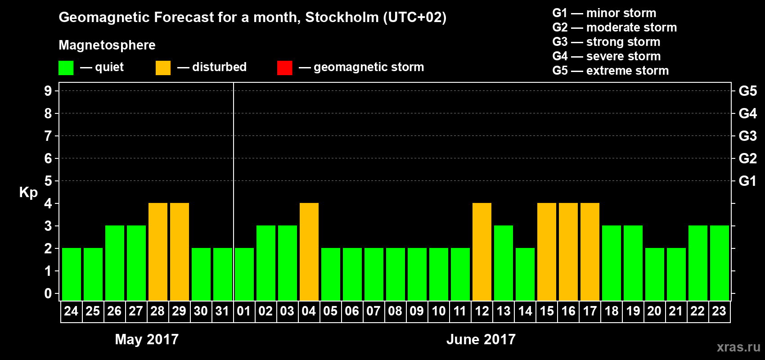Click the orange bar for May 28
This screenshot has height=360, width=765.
[x=158, y=252]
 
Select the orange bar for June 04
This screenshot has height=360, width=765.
[x=309, y=252]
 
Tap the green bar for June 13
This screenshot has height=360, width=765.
[x=504, y=263]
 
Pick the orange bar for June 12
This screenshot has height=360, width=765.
[x=482, y=252]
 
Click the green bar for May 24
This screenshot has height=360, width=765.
[x=72, y=274]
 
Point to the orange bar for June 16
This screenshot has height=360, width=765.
[x=568, y=252]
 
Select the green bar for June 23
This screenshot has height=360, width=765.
[x=720, y=263]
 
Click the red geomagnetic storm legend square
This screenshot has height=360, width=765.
[x=284, y=68]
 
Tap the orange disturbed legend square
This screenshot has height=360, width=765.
[x=163, y=68]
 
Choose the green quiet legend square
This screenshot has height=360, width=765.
[x=66, y=68]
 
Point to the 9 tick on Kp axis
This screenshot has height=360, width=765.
[x=48, y=91]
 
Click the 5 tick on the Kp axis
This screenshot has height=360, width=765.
[x=48, y=181]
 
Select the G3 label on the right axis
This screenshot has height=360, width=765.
[x=747, y=136]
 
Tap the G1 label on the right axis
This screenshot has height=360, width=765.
[x=747, y=181]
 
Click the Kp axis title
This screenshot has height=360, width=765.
[x=28, y=193]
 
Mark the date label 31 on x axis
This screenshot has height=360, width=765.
[x=222, y=311]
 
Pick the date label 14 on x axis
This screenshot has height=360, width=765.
[x=525, y=311]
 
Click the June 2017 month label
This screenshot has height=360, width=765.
[x=481, y=339]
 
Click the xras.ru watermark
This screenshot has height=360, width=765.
[x=738, y=346]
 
